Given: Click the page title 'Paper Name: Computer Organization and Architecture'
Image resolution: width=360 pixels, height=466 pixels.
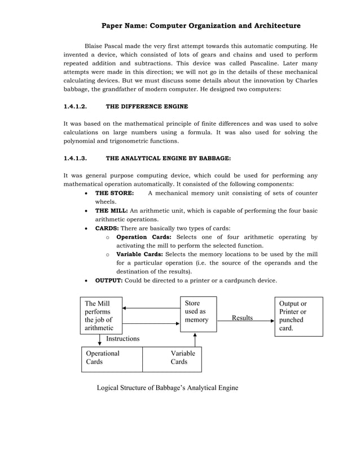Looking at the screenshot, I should [x=200, y=25].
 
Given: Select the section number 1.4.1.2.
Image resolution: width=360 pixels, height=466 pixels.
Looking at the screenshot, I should [x=75, y=106].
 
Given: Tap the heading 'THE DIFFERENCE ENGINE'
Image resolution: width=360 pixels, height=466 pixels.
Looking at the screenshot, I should [x=147, y=106].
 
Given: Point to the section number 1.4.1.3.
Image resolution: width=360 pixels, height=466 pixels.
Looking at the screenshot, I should [x=75, y=159].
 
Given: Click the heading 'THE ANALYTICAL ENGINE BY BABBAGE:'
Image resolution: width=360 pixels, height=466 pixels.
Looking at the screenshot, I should [x=168, y=159].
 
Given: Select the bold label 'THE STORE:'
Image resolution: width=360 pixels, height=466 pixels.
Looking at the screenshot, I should [x=115, y=193].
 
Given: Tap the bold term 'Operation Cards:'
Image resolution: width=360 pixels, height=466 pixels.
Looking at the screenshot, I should [x=144, y=238].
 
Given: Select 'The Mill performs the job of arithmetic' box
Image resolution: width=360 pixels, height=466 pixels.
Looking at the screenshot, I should [x=101, y=315].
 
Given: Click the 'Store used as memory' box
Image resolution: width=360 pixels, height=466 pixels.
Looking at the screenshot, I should [x=197, y=314].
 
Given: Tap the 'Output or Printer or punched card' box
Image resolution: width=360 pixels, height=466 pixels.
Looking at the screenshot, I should [x=298, y=316].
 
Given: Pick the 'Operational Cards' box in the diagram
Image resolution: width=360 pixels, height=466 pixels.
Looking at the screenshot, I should [x=112, y=358].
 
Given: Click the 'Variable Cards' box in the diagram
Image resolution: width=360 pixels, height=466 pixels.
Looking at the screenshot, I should [x=172, y=358].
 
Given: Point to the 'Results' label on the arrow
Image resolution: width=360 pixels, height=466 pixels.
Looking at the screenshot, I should [x=242, y=318].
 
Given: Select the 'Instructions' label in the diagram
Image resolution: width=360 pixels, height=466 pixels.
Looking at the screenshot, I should [x=122, y=338].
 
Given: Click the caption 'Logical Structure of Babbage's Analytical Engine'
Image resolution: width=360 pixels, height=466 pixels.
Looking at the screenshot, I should [x=168, y=388].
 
